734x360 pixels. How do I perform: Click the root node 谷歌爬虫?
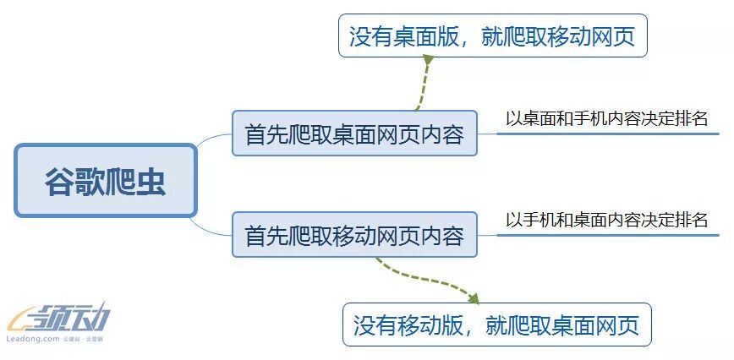tap(106, 180)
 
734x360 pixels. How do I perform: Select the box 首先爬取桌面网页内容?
tap(354, 134)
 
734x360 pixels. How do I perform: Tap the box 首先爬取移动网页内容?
tap(354, 236)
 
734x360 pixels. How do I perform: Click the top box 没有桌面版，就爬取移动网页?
tap(492, 35)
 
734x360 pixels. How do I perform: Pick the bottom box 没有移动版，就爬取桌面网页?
tap(496, 324)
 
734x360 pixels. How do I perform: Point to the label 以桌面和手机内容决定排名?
tap(606, 118)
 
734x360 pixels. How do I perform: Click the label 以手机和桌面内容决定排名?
tap(606, 221)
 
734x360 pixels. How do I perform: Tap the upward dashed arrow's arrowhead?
tap(428, 61)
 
